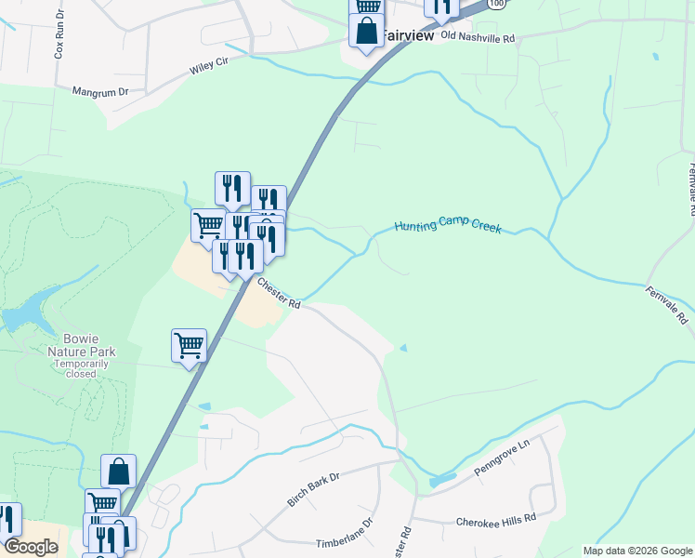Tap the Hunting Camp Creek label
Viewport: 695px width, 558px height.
[447, 226]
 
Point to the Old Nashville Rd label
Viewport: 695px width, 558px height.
[478, 37]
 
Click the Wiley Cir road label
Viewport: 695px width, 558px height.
[209, 64]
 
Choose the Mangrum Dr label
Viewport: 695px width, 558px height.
[100, 92]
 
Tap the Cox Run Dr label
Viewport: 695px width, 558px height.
[59, 38]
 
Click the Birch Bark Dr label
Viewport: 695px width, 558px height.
[314, 488]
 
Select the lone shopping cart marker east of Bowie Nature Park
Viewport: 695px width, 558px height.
[190, 345]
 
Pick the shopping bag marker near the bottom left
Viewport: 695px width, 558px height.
[119, 471]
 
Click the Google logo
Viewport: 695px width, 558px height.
[31, 547]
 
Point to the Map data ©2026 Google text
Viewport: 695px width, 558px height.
[636, 551]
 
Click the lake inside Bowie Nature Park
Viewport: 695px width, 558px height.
[23, 313]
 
